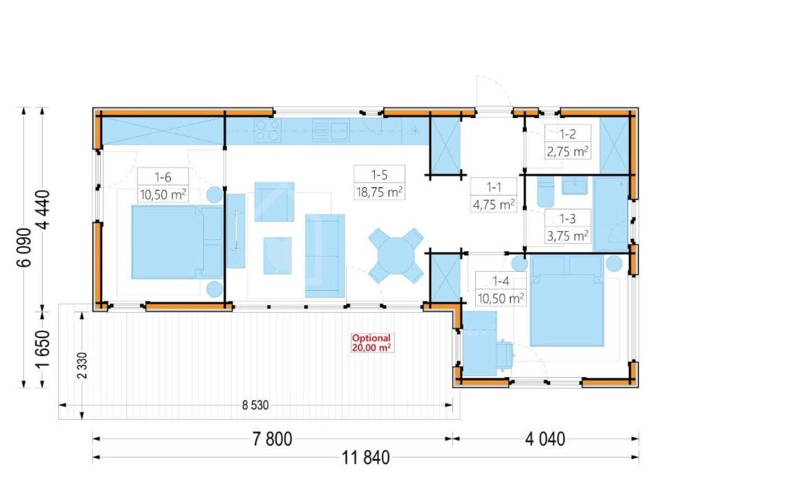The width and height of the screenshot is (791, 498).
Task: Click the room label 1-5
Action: [x=379, y=174]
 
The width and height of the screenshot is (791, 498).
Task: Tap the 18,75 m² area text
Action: [x=379, y=192]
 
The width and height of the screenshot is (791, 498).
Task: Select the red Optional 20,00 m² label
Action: [x=371, y=343]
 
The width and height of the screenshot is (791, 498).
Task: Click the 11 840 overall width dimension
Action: [x=366, y=458]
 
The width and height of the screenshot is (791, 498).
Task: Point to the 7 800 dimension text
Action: [x=273, y=439]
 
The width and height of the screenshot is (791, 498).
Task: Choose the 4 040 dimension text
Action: [x=545, y=439]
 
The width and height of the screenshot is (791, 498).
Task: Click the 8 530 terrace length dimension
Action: [x=255, y=405]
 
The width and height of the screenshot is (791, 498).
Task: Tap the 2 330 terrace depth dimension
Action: [x=82, y=366]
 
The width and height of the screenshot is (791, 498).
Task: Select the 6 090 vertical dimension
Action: [x=25, y=247]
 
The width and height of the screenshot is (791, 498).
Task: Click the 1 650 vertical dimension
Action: [x=43, y=349]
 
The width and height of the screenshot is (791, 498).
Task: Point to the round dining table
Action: [x=396, y=256]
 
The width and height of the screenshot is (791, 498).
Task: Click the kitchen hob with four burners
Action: [x=267, y=130]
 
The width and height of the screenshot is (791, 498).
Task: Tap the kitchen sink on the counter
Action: [x=331, y=130]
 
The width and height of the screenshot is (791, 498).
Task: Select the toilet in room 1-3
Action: [x=546, y=191]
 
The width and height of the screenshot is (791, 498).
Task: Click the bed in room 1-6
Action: [x=177, y=241]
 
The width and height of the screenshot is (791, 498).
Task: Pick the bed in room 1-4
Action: [x=567, y=301]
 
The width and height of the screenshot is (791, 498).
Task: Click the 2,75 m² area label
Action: [x=568, y=151]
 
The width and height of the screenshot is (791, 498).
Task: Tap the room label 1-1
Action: [x=494, y=187]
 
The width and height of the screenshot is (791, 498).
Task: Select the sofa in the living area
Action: [x=325, y=256]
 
